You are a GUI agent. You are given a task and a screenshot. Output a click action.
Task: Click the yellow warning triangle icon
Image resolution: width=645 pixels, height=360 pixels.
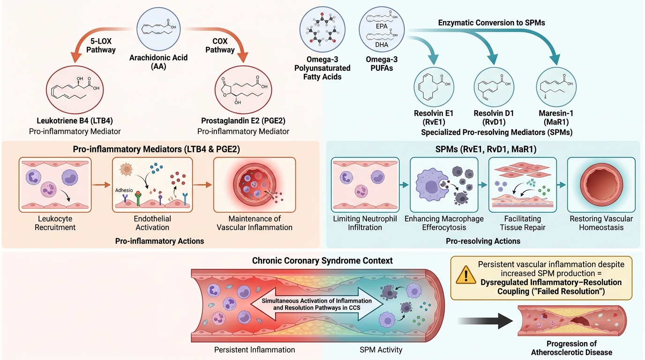(x=466, y=275)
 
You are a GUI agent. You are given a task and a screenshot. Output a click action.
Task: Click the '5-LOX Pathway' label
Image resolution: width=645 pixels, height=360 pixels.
(x=101, y=45)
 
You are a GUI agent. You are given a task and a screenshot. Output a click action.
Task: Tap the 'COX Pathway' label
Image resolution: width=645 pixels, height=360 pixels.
(x=220, y=45)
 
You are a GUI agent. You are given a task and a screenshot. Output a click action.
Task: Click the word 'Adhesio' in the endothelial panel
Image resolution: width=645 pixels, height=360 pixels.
(x=124, y=190)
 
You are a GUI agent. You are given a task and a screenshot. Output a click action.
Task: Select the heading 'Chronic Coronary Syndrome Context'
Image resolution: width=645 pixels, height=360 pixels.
(x=322, y=261)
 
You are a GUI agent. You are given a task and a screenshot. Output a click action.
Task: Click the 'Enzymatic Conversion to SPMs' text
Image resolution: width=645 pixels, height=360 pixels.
(x=492, y=23)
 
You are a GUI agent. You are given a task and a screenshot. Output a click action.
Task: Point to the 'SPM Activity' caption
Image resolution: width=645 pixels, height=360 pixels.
(x=381, y=350)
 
